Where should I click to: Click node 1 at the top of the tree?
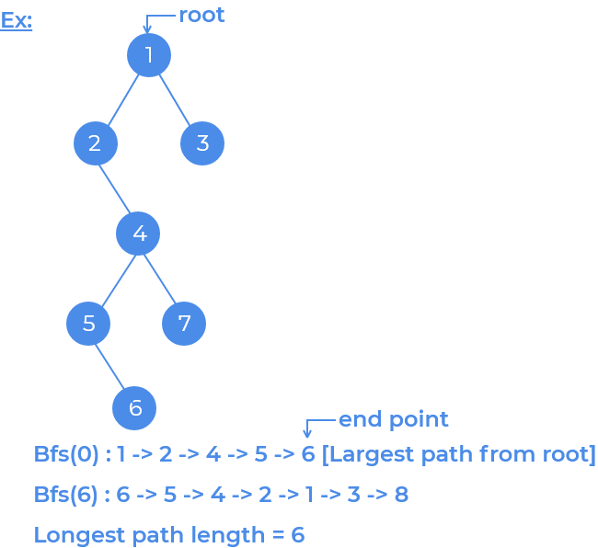149,55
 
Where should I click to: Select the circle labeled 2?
96,143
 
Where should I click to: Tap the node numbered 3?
202,143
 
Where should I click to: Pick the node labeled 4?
138,234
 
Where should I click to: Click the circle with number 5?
88,323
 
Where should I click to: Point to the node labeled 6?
134,407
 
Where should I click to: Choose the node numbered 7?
184,323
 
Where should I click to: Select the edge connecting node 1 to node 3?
175,98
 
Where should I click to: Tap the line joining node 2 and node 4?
117,188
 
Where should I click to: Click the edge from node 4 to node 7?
161,278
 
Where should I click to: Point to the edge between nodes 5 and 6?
110,365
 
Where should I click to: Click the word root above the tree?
201,15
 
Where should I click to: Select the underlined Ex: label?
17,19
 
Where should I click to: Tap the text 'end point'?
394,419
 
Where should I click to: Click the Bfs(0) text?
68,454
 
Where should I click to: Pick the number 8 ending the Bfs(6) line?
400,495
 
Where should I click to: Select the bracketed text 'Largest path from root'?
458,454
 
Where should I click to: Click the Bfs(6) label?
68,495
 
